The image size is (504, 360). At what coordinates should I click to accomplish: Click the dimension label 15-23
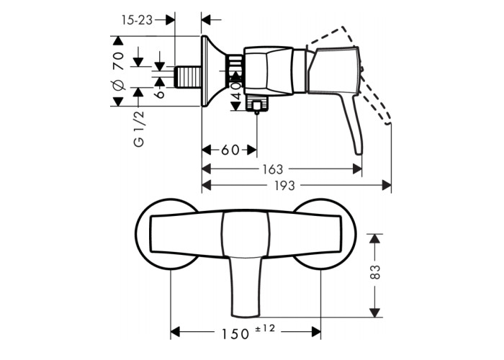tap(138, 20)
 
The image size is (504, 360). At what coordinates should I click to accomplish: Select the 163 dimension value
tap(273, 169)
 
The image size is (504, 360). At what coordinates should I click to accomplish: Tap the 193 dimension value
tap(284, 186)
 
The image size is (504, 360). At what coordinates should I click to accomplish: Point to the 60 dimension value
tap(230, 150)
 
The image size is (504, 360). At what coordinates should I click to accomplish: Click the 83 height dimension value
tap(375, 271)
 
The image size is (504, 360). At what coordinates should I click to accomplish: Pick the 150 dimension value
tap(235, 334)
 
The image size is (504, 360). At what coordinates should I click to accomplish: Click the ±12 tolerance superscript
tap(266, 328)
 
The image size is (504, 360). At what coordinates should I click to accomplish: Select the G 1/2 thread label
tap(139, 129)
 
